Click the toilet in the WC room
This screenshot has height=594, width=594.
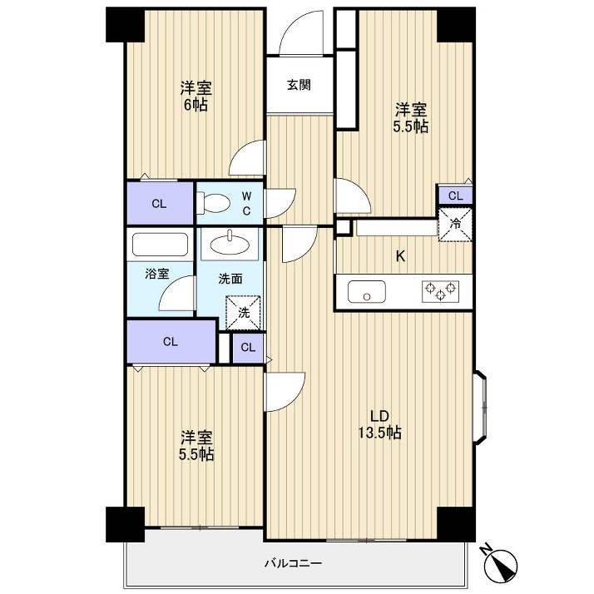[213, 204]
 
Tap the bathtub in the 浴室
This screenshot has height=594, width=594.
[160, 245]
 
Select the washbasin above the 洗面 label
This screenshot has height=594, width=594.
[230, 245]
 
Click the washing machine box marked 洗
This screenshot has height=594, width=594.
[243, 313]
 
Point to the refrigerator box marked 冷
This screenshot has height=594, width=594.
[455, 225]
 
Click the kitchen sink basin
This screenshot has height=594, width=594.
[367, 292]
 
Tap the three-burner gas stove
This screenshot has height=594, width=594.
[440, 291]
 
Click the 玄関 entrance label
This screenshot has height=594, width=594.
[299, 85]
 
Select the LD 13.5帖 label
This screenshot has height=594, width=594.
[380, 424]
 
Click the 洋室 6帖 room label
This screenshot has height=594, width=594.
[196, 97]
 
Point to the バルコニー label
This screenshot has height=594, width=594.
[293, 563]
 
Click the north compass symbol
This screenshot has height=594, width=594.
[501, 560]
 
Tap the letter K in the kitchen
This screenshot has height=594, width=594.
[400, 256]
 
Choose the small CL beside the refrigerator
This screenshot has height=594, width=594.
[455, 196]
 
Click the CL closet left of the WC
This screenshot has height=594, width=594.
[160, 204]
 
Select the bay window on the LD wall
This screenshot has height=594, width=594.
[480, 407]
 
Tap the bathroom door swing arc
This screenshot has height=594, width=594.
[176, 294]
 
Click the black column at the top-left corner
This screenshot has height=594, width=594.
[125, 25]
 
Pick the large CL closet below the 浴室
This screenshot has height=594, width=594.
[171, 342]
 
